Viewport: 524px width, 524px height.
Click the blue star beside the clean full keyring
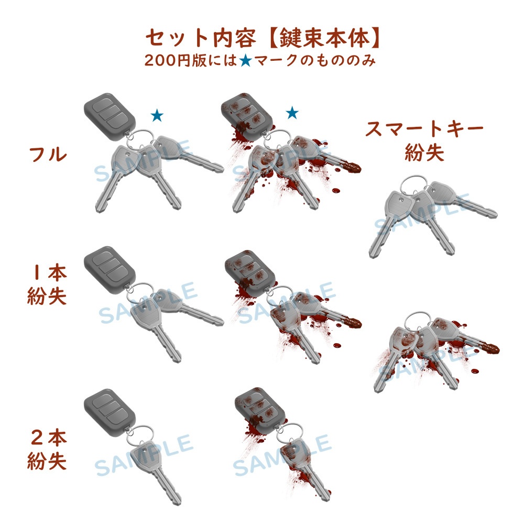pyautogui.click(x=157, y=115)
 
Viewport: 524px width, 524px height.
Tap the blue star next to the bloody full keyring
pyautogui.click(x=292, y=113)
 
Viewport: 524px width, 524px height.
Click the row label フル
pyautogui.click(x=48, y=155)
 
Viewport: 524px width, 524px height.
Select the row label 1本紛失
pyautogui.click(x=47, y=285)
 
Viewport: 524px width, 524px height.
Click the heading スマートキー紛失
pyautogui.click(x=424, y=141)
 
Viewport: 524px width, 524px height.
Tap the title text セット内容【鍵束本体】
pyautogui.click(x=263, y=38)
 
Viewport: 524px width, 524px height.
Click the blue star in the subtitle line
pyautogui.click(x=246, y=60)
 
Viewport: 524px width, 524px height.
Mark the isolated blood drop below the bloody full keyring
pyautogui.click(x=335, y=191)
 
